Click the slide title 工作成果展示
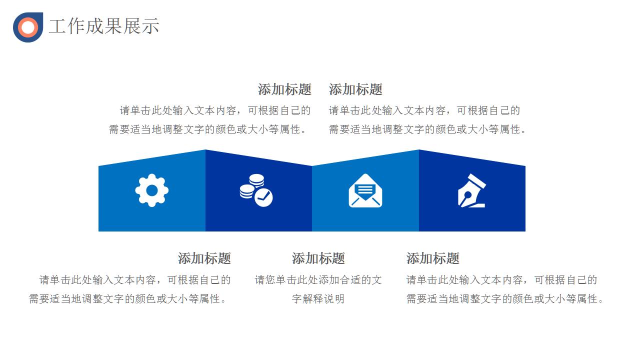(x=104, y=26)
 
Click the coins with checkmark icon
(x=256, y=190)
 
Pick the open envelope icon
(x=365, y=190)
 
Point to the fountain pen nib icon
(x=471, y=190)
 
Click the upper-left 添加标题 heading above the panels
(x=284, y=89)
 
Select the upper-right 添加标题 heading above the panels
(x=355, y=89)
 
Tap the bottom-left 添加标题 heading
(x=204, y=258)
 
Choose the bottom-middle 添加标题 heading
(x=318, y=258)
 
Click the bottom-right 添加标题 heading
(x=433, y=258)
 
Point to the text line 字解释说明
(x=318, y=299)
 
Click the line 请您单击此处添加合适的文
(x=318, y=279)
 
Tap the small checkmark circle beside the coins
(x=263, y=197)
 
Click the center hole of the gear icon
(x=151, y=190)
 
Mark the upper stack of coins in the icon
(x=256, y=180)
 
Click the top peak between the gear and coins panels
(x=205, y=149)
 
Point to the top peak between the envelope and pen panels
(x=419, y=149)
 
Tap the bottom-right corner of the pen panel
(x=525, y=231)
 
